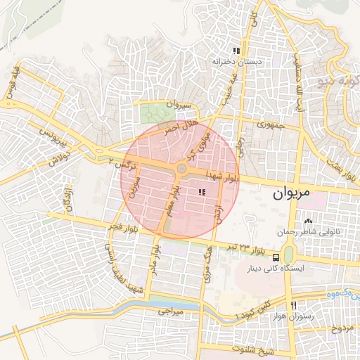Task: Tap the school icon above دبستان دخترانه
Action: point(236,51)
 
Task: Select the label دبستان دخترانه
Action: point(238,62)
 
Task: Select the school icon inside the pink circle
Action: point(202,192)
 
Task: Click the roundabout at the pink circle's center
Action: point(181,169)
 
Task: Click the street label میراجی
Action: point(169,309)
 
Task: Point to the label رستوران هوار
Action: point(292,317)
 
